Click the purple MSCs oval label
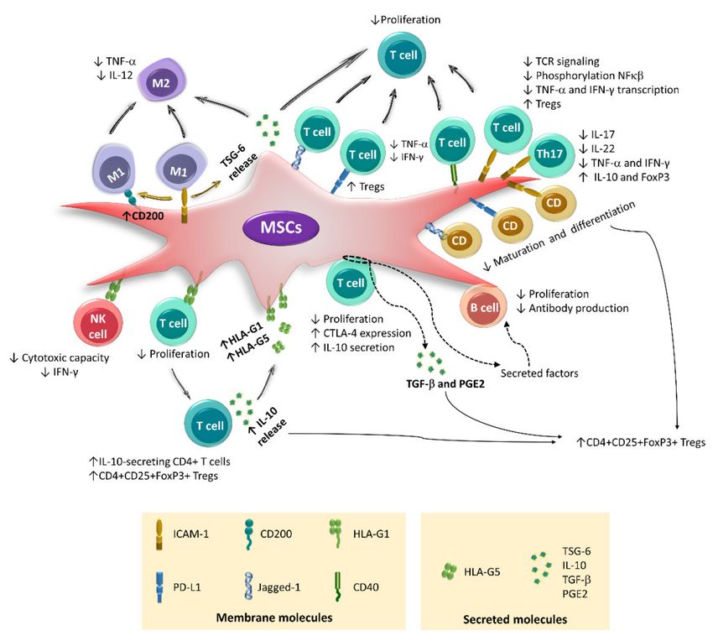tap(281, 226)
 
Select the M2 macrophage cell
tap(161, 82)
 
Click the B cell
tap(483, 307)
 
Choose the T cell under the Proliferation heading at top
tap(403, 55)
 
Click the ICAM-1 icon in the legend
tap(159, 534)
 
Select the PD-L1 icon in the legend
tap(159, 587)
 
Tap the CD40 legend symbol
tap(338, 586)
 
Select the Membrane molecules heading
tap(274, 618)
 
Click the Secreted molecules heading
tap(515, 619)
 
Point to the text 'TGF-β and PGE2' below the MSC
tap(445, 384)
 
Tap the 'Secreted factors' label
tap(539, 373)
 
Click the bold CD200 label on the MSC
tap(143, 216)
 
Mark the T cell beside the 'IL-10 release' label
tap(209, 425)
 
